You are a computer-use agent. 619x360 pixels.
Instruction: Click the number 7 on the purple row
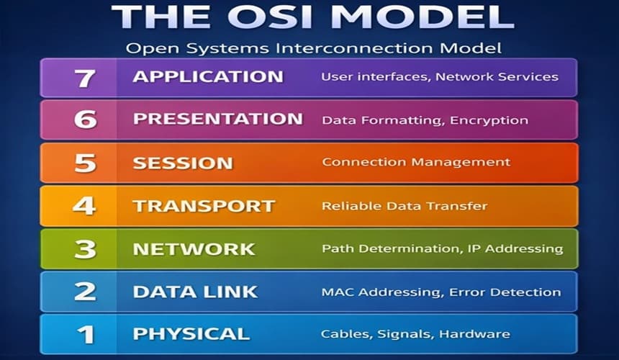click(85, 77)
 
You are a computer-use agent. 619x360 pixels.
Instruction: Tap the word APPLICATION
click(207, 77)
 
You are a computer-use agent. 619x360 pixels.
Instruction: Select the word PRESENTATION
click(217, 120)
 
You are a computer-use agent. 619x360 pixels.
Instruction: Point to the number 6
click(85, 120)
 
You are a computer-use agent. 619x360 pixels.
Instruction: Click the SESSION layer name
click(182, 163)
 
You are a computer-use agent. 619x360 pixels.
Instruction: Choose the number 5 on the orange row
click(85, 163)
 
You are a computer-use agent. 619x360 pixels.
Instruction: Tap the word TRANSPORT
click(204, 206)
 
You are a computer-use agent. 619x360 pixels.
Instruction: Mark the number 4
click(85, 206)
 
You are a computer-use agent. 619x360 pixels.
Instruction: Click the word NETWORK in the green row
click(194, 249)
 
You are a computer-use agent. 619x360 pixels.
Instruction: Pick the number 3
click(85, 249)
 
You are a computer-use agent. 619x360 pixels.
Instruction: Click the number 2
click(85, 292)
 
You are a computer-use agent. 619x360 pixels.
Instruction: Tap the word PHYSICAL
click(191, 334)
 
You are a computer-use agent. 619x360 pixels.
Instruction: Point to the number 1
click(85, 334)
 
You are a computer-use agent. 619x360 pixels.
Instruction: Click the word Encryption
click(489, 120)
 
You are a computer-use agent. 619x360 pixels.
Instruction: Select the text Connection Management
click(415, 163)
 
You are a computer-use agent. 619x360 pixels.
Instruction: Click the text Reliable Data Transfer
click(404, 206)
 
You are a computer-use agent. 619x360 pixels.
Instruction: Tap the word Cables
click(343, 334)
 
